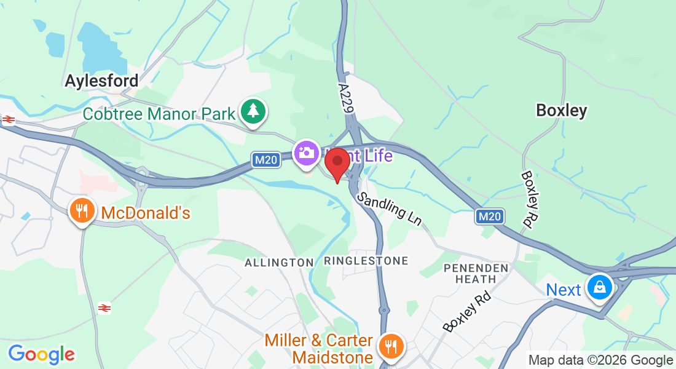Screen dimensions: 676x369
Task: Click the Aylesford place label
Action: click(x=102, y=81)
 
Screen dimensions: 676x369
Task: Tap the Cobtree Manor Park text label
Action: click(x=159, y=114)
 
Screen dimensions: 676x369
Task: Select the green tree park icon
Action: click(x=253, y=111)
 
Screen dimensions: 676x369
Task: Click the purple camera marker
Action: click(x=306, y=152)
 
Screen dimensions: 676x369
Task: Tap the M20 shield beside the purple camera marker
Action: click(x=266, y=160)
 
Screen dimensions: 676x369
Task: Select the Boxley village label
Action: click(x=561, y=111)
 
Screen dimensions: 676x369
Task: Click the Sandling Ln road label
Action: click(x=389, y=208)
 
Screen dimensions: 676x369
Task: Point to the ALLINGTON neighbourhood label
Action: click(x=279, y=263)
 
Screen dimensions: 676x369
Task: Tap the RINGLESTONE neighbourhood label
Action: click(x=366, y=261)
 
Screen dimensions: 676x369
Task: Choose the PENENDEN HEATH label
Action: click(x=476, y=273)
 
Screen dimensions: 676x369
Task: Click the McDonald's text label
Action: click(x=146, y=213)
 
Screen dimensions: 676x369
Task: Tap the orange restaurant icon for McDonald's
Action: click(x=81, y=211)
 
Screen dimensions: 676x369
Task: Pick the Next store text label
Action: click(x=564, y=290)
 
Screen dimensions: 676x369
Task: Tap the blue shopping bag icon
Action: click(x=598, y=286)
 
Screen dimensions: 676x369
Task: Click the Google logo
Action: click(x=41, y=355)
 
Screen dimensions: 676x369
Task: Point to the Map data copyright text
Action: click(x=600, y=360)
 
